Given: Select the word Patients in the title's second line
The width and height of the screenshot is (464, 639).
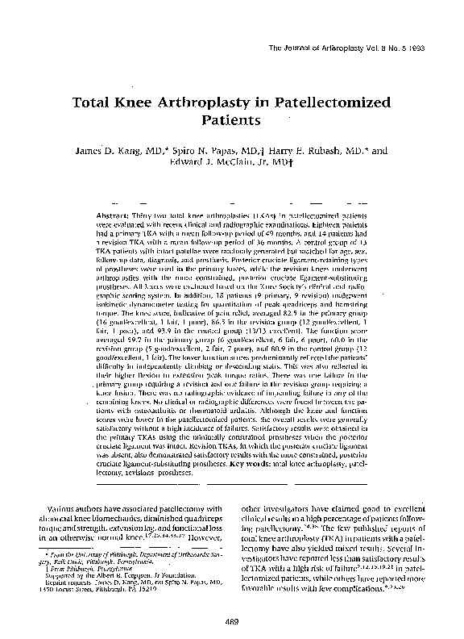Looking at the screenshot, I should pos(233,123).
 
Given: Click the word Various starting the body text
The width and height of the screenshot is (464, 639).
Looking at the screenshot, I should pos(66,509).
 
